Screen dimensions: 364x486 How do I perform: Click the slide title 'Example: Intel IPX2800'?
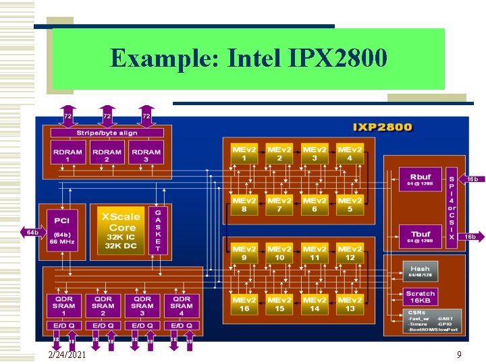coord(248,59)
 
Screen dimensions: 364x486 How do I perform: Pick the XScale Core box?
coord(121,230)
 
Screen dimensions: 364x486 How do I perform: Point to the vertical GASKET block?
coord(158,230)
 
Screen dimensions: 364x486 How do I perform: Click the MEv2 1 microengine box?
coord(244,153)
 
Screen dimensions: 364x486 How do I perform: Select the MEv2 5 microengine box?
coord(350,204)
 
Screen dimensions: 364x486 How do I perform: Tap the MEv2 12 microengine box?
coord(350,253)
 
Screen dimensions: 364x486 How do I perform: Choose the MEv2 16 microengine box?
coord(244,304)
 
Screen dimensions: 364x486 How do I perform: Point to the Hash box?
coord(420,272)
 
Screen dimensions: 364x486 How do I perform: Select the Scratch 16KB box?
coord(420,297)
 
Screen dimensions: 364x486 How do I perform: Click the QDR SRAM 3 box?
coord(142,305)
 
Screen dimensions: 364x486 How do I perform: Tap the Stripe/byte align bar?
coord(107,133)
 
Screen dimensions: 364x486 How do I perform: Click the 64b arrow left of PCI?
coord(32,233)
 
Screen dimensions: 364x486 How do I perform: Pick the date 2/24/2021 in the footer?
coord(67,355)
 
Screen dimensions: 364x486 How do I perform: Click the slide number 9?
coord(459,354)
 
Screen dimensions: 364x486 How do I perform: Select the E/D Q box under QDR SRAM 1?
coord(64,326)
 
